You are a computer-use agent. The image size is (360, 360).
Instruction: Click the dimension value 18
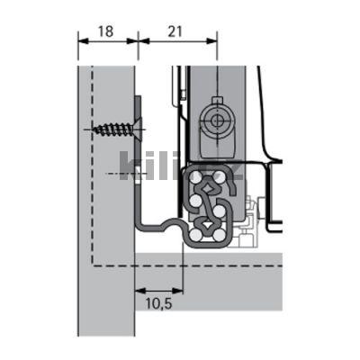[x=104, y=31]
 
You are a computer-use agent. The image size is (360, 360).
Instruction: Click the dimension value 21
[x=175, y=31]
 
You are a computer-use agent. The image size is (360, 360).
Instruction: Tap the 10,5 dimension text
[x=157, y=305]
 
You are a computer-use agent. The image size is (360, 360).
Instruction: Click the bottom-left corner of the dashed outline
[x=91, y=265]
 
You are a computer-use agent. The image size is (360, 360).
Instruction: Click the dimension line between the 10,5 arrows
[x=158, y=290]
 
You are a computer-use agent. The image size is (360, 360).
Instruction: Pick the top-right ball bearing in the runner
[x=226, y=177]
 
